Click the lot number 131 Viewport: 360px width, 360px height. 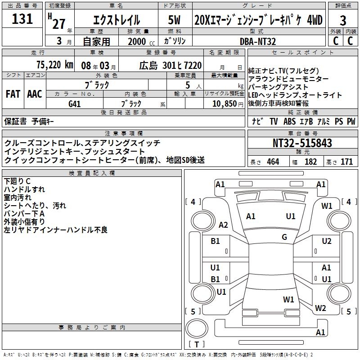[x=22, y=19]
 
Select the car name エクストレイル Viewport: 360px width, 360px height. [x=116, y=21]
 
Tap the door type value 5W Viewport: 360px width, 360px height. [x=175, y=20]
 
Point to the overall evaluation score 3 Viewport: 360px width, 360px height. [x=343, y=20]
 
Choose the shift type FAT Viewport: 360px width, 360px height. [x=13, y=94]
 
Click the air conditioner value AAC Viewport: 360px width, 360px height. [x=35, y=94]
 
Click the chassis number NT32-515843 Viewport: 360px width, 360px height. [x=302, y=143]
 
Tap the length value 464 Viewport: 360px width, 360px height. [x=273, y=162]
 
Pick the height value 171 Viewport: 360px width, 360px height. [x=346, y=162]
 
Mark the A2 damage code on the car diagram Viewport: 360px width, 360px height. [x=223, y=225]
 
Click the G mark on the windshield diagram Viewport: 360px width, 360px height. [x=284, y=237]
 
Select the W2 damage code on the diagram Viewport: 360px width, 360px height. [x=320, y=308]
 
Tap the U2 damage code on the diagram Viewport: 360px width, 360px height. [x=327, y=241]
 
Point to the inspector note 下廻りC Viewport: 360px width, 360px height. [x=18, y=181]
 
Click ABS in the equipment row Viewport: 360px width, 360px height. [x=289, y=121]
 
